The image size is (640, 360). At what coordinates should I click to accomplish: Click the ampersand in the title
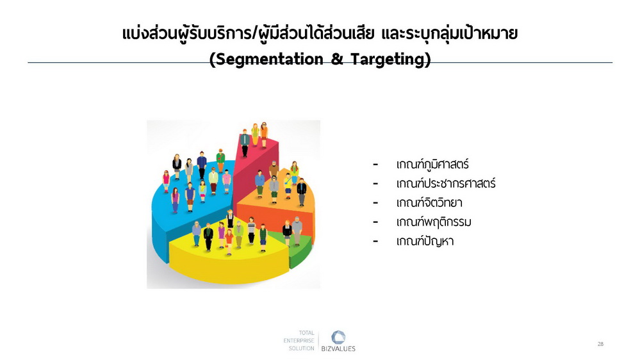[337, 60]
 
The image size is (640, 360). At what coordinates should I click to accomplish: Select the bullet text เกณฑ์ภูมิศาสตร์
[432, 165]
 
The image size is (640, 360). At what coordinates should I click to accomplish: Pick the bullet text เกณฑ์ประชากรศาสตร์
[446, 183]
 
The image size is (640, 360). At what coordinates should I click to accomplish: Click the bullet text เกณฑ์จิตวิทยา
[429, 202]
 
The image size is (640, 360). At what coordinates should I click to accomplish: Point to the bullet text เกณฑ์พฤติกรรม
[434, 222]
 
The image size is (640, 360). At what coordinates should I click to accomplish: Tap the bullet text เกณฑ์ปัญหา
[425, 241]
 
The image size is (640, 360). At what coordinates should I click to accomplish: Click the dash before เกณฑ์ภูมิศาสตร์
[375, 165]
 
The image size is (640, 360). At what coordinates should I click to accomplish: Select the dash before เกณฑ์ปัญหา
[375, 241]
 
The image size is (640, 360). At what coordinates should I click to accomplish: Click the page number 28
[600, 344]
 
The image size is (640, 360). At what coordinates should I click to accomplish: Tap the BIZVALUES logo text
[338, 349]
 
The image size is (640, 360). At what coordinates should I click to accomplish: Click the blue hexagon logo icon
[338, 338]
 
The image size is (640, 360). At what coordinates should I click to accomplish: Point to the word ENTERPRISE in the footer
[299, 340]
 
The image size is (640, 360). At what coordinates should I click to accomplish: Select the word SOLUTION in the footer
[302, 348]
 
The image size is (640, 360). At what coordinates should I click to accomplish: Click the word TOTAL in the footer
[306, 332]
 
